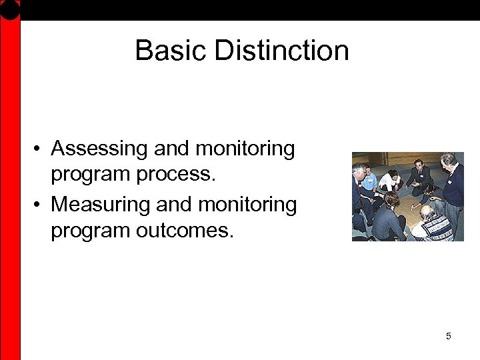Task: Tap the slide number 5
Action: tap(448, 336)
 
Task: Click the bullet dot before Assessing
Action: tap(40, 149)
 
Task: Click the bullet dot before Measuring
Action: tap(40, 204)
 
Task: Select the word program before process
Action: tap(91, 175)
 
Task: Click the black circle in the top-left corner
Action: tap(10, 9)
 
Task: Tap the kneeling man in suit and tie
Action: tap(419, 176)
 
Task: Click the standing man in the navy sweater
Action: tap(453, 183)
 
